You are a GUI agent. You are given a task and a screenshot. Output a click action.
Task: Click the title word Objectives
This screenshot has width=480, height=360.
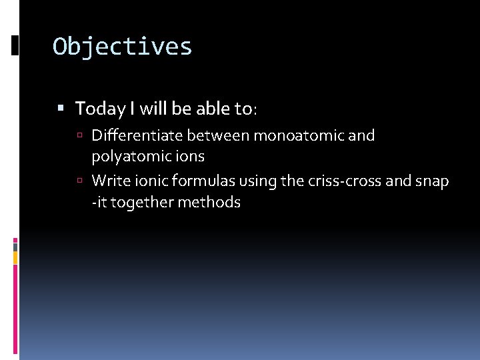(x=123, y=47)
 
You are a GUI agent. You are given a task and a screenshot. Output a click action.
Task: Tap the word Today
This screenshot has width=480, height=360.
(x=95, y=108)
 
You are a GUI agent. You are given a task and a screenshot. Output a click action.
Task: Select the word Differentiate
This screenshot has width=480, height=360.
(x=137, y=136)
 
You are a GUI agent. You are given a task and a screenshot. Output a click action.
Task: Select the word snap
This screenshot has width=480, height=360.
(x=434, y=181)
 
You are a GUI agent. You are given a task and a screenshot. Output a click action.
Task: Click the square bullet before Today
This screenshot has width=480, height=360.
(x=61, y=108)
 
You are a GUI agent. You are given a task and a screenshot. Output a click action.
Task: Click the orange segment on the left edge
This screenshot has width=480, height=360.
(x=15, y=257)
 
